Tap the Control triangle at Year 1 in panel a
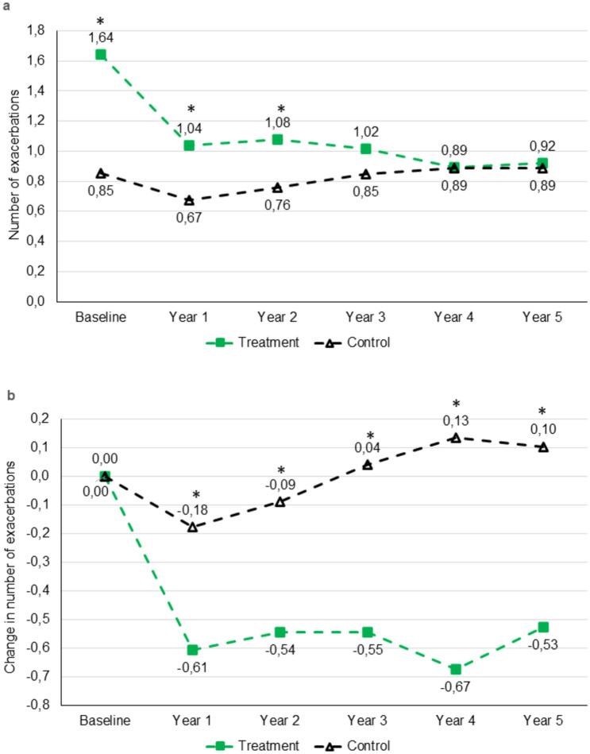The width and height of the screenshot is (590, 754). pos(189,200)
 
